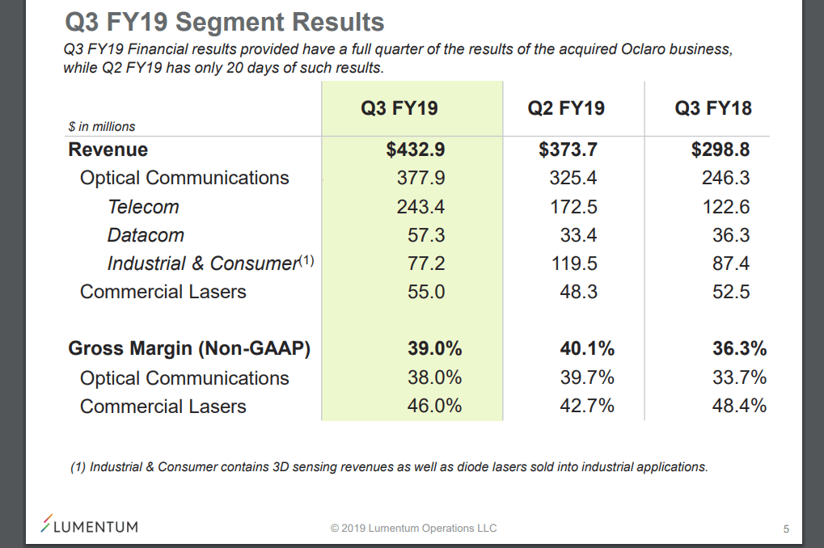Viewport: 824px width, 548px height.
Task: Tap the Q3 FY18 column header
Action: tap(712, 108)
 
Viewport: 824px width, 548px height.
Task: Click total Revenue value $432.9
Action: tap(416, 150)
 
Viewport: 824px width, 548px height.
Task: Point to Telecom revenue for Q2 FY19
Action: tap(573, 207)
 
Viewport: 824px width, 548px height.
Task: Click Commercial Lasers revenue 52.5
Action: tap(731, 292)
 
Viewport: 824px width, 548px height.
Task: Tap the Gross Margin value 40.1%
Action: tap(587, 349)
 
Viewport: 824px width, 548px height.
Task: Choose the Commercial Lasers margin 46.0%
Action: tap(434, 406)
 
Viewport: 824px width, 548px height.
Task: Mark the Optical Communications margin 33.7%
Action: tap(739, 377)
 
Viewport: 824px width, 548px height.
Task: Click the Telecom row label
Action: tap(143, 207)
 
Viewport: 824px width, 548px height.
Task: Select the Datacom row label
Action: tap(146, 235)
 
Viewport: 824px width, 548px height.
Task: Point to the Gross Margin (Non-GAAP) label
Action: tap(189, 349)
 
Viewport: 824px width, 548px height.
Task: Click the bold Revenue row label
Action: tap(108, 150)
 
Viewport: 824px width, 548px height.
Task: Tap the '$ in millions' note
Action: tap(102, 126)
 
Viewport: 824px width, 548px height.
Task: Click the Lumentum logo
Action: tap(90, 526)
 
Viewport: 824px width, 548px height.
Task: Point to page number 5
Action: tap(786, 529)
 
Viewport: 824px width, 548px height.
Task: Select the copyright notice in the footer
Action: tap(413, 529)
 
